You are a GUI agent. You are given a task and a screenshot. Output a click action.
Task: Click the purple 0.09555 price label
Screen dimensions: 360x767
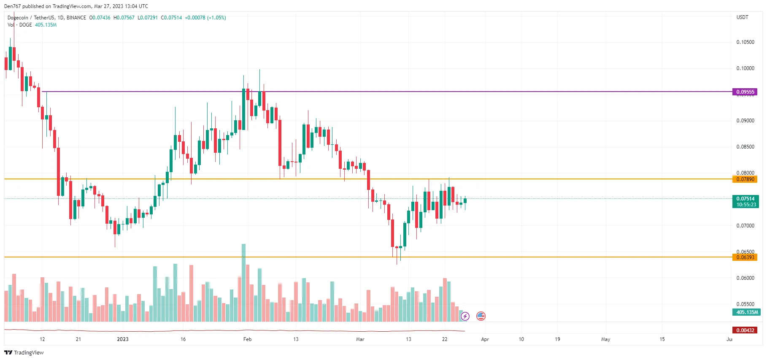tap(745, 92)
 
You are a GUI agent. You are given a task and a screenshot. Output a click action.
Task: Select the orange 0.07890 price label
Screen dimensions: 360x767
tap(745, 179)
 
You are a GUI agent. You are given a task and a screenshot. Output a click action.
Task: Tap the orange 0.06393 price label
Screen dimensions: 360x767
tap(745, 257)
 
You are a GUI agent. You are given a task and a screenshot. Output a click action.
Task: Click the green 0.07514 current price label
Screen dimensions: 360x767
tap(745, 199)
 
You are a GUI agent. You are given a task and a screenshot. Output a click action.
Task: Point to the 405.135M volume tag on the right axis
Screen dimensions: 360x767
tap(746, 312)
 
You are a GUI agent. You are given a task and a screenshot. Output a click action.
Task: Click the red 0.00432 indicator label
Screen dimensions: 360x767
tap(745, 330)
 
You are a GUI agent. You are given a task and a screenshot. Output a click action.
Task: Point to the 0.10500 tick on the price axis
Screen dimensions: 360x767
tap(745, 42)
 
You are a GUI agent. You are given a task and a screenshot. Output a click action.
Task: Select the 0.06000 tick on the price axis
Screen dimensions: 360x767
tap(745, 278)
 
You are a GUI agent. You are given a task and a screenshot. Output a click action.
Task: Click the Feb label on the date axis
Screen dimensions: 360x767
tap(247, 339)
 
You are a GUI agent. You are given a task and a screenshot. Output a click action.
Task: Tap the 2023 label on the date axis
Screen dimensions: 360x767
tap(123, 339)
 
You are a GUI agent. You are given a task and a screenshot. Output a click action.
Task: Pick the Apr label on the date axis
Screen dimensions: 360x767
tap(485, 339)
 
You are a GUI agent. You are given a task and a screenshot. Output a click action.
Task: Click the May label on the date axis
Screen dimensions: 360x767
tap(605, 339)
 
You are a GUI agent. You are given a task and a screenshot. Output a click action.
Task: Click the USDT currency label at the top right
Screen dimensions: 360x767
tap(742, 17)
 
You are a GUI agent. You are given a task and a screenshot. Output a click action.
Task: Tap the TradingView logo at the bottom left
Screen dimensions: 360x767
tap(24, 352)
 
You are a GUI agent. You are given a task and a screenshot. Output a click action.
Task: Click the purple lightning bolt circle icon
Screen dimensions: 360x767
tap(465, 316)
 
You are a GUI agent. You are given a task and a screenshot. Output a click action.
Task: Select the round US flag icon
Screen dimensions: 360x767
tap(481, 316)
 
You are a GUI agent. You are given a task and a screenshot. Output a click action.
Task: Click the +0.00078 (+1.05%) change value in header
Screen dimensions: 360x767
tap(205, 18)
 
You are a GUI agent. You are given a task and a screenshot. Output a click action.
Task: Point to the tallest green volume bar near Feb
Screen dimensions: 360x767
tap(243, 283)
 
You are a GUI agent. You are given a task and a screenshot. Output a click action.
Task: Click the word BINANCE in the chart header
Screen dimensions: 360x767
tap(76, 18)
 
